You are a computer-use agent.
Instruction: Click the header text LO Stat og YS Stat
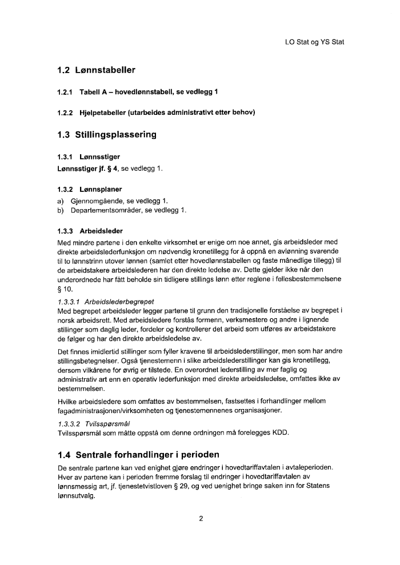pyautogui.click(x=314, y=42)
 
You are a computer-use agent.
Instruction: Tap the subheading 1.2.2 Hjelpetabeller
pyautogui.click(x=156, y=112)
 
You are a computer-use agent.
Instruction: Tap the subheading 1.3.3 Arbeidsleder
pyautogui.click(x=91, y=231)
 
